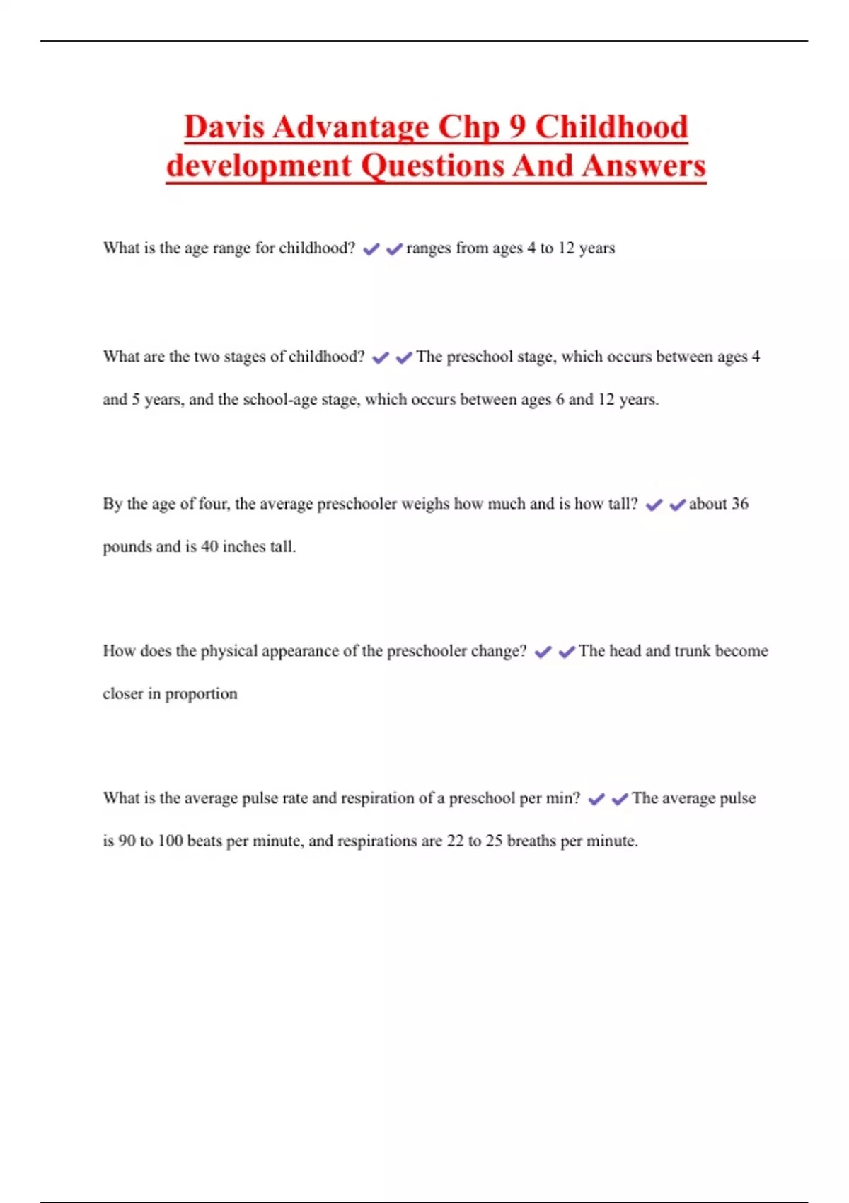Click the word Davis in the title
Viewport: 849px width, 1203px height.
pos(224,127)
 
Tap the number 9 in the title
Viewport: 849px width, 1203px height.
pos(517,127)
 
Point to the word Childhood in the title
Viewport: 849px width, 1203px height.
pos(611,127)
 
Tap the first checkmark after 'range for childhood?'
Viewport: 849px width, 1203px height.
pos(371,249)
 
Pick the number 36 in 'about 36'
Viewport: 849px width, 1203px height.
pos(739,504)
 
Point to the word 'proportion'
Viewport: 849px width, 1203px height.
pos(201,694)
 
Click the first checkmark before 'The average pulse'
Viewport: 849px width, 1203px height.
pos(596,800)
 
